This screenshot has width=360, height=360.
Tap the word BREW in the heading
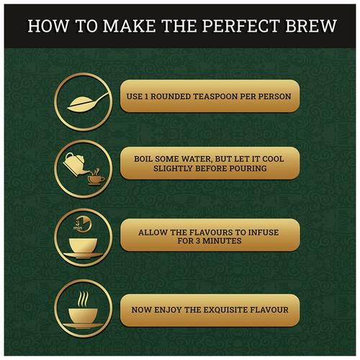click(311, 26)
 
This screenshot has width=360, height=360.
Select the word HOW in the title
click(48, 26)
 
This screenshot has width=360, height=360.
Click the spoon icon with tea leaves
click(88, 102)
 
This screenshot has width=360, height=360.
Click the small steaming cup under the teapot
click(96, 178)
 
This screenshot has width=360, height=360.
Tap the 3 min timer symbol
click(82, 225)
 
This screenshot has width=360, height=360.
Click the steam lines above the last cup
click(83, 299)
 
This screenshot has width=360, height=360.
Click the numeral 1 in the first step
click(146, 96)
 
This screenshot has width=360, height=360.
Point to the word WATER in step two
click(197, 159)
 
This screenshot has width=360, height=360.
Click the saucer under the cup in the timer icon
click(83, 256)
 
